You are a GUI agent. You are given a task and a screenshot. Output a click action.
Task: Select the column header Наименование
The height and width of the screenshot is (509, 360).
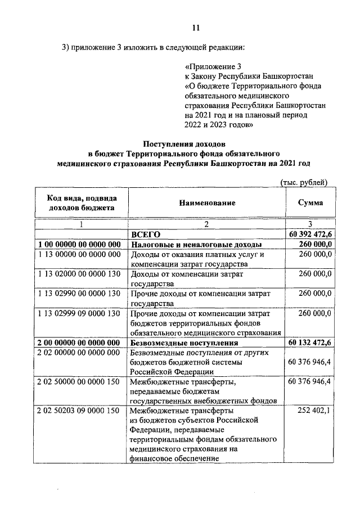click(207, 202)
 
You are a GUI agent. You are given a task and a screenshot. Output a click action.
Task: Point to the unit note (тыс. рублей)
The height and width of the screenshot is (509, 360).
click(303, 181)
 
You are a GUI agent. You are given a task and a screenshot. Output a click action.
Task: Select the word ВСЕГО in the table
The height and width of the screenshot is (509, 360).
click(146, 233)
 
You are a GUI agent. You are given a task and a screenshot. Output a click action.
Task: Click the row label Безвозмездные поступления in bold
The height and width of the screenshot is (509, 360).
click(184, 342)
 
